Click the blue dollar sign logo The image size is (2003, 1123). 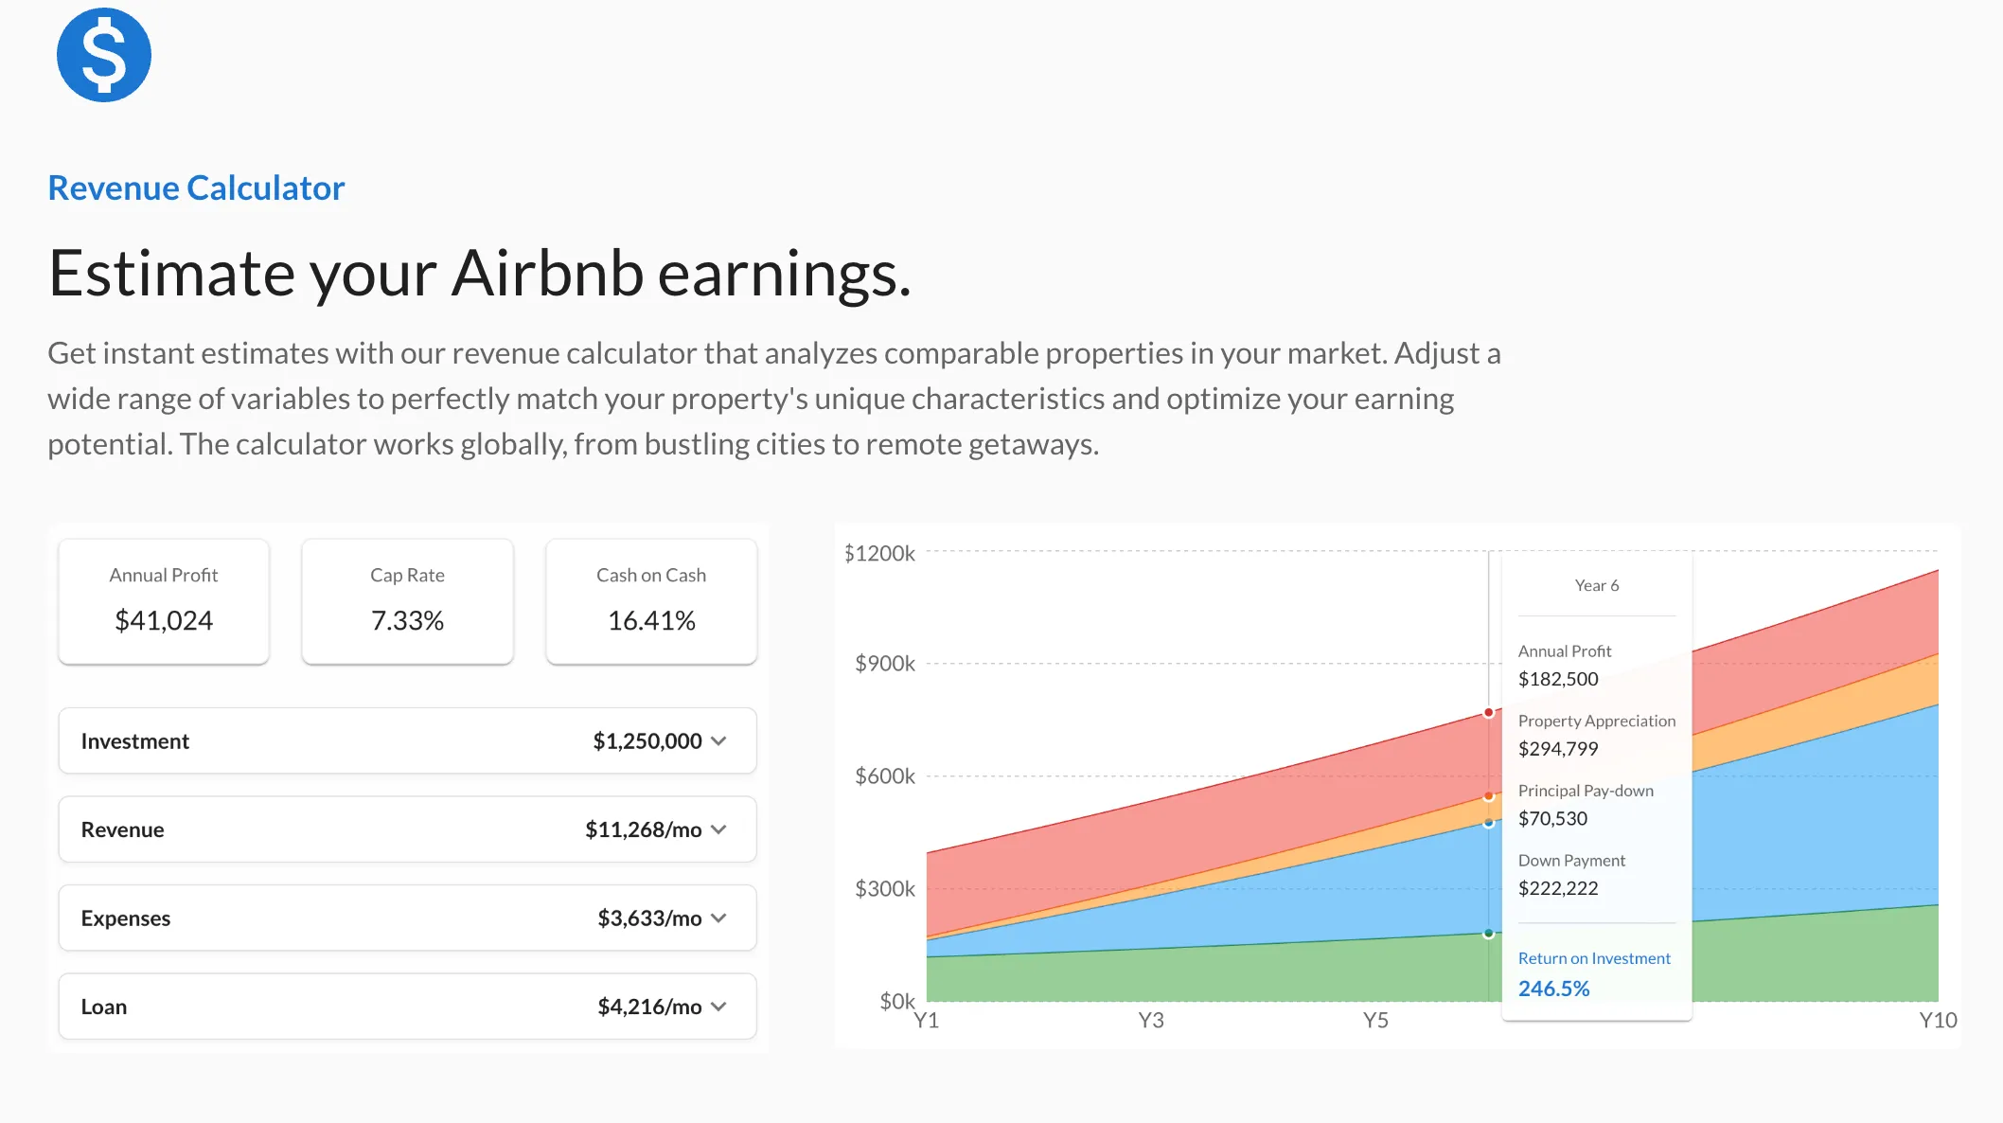[104, 55]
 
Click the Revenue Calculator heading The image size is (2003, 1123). [196, 187]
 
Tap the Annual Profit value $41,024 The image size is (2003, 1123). [164, 620]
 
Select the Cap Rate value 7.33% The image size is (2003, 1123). [407, 620]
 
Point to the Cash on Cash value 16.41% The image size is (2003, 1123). [651, 620]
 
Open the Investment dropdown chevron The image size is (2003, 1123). [718, 740]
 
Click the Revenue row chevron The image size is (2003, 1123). [718, 829]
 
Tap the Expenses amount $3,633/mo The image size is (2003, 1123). [649, 918]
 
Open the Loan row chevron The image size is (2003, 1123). [718, 1007]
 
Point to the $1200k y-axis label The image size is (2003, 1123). [879, 553]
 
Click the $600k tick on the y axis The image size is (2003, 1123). [885, 776]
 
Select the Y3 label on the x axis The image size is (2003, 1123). [1151, 1020]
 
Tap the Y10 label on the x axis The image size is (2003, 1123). [1938, 1020]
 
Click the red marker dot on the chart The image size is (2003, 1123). [1489, 712]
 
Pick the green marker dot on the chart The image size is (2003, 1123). [1489, 934]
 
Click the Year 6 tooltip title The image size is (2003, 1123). [1597, 585]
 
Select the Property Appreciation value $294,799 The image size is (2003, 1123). [1558, 749]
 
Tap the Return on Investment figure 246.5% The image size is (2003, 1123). [1554, 989]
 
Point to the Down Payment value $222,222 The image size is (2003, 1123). [1558, 888]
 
